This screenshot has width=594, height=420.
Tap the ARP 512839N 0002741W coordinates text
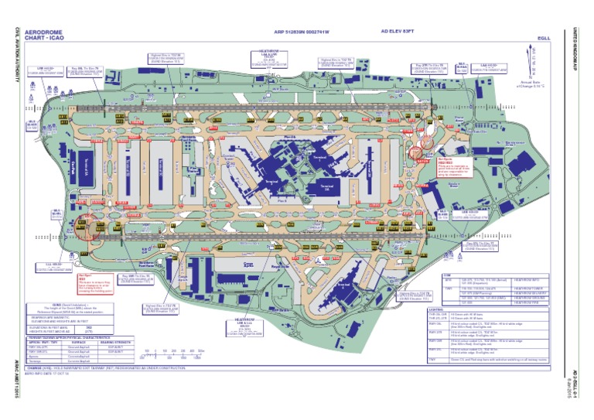click(302, 32)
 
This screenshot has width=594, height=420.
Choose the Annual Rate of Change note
click(533, 84)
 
